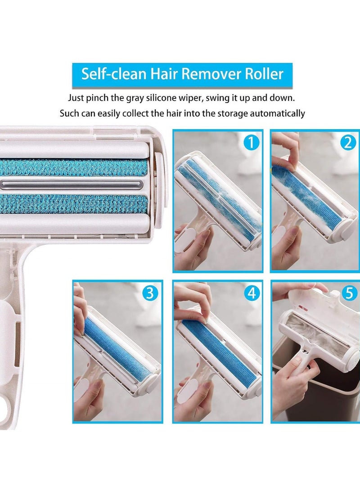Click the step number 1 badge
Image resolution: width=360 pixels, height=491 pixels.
(251, 143)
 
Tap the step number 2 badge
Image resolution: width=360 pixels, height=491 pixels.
(347, 143)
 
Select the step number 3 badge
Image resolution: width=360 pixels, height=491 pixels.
(151, 293)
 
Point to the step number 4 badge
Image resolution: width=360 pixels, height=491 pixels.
(251, 293)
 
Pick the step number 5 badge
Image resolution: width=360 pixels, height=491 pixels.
(347, 293)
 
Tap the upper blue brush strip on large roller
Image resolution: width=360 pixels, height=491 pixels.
(74, 167)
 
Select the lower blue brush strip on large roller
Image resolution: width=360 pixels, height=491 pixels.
(74, 204)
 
